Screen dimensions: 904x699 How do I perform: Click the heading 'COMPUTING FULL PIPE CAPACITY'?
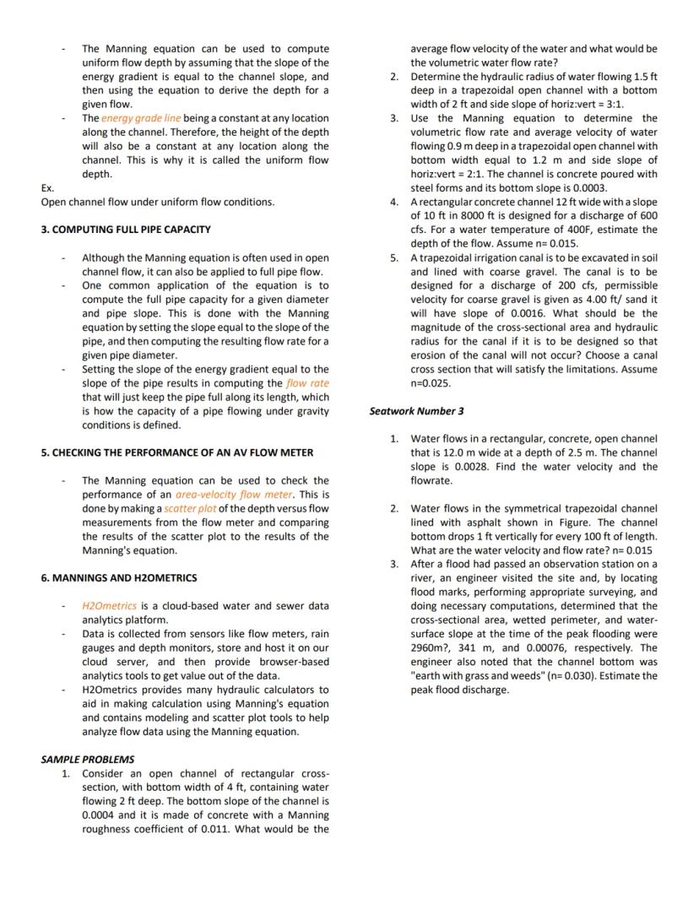[126, 230]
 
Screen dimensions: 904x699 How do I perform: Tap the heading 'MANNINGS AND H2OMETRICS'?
[118, 578]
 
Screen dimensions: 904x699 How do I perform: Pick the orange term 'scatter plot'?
[190, 508]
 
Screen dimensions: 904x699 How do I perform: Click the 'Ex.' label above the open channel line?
[47, 188]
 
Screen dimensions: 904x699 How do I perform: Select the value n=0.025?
[431, 383]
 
